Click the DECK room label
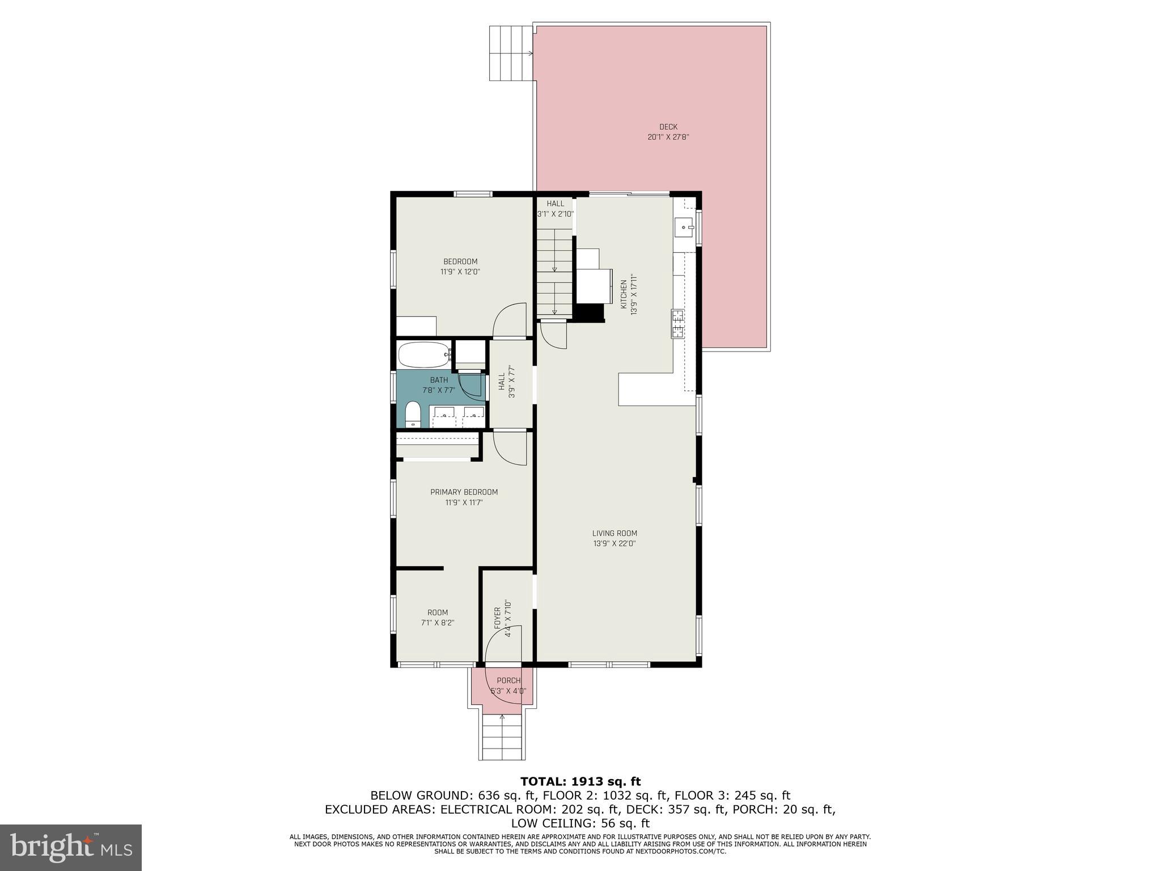pos(668,127)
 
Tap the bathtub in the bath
pos(424,355)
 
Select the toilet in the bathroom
pos(413,414)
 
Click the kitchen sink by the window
pos(684,228)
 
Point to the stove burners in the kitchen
pos(677,324)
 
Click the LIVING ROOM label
pos(615,533)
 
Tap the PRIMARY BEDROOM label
pos(464,492)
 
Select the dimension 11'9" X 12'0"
pos(460,272)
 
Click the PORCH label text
pos(508,680)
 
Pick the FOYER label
pos(498,618)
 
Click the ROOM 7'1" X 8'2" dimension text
pos(438,623)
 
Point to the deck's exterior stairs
pos(510,53)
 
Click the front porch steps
pos(502,737)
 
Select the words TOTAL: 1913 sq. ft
pos(580,782)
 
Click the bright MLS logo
pos(71,847)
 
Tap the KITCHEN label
pos(624,294)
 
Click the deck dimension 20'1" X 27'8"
pos(668,137)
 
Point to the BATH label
pos(439,380)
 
